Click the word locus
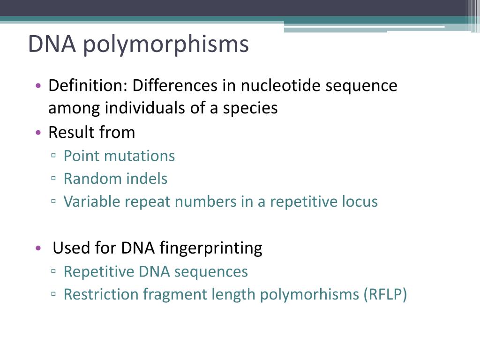click(x=360, y=202)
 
